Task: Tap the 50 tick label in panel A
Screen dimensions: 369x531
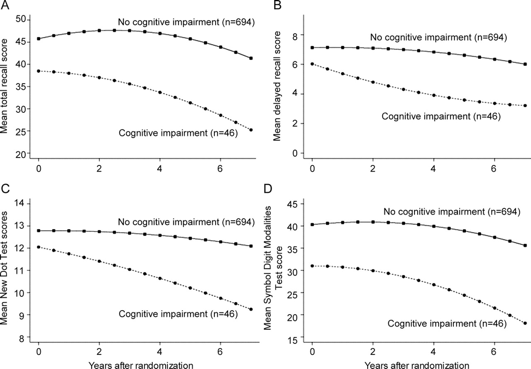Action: tap(21, 20)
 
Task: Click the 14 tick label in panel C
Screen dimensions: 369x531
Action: tap(21, 204)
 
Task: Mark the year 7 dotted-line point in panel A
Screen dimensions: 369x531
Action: tap(251, 130)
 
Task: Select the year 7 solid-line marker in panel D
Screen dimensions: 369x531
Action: tap(525, 245)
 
